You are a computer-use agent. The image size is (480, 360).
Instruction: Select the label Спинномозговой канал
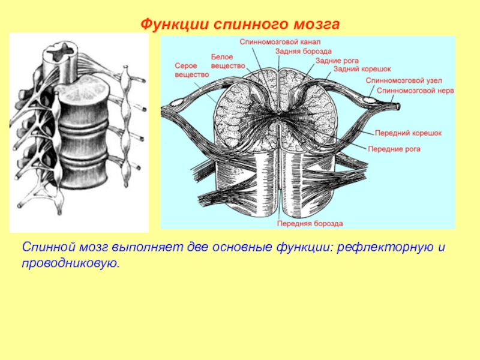point(280,42)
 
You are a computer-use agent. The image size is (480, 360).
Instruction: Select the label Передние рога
point(394,148)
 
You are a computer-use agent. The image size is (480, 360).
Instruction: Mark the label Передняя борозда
point(310,223)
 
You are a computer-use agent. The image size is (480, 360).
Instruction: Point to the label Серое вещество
point(191,70)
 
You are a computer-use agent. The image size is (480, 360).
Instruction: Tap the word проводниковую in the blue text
point(72,263)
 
